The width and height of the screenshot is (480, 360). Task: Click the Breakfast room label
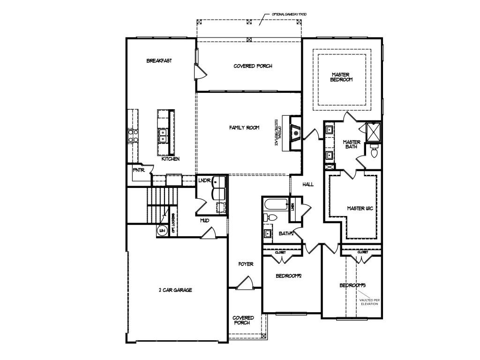pyautogui.click(x=159, y=61)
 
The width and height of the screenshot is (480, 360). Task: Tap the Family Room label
pyautogui.click(x=244, y=127)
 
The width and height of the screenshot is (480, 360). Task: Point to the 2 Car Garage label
pyautogui.click(x=175, y=290)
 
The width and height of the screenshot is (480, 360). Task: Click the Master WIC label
pyautogui.click(x=359, y=208)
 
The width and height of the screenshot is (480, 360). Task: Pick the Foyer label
pyautogui.click(x=246, y=264)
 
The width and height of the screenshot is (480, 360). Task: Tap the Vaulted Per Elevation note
pyautogui.click(x=368, y=301)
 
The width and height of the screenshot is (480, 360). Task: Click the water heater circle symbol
pyautogui.click(x=162, y=231)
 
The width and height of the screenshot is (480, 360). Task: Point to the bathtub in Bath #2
pyautogui.click(x=276, y=204)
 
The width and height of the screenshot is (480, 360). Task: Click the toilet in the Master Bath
pyautogui.click(x=375, y=151)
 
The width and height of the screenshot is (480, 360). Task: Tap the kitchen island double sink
pyautogui.click(x=163, y=135)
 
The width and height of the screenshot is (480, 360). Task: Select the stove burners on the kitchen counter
pyautogui.click(x=133, y=136)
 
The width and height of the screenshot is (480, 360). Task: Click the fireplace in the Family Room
pyautogui.click(x=295, y=133)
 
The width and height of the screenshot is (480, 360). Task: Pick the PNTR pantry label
pyautogui.click(x=138, y=170)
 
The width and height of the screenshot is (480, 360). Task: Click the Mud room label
pyautogui.click(x=205, y=220)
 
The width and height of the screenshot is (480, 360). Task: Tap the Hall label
pyautogui.click(x=308, y=185)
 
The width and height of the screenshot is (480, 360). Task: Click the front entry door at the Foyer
pyautogui.click(x=245, y=283)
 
